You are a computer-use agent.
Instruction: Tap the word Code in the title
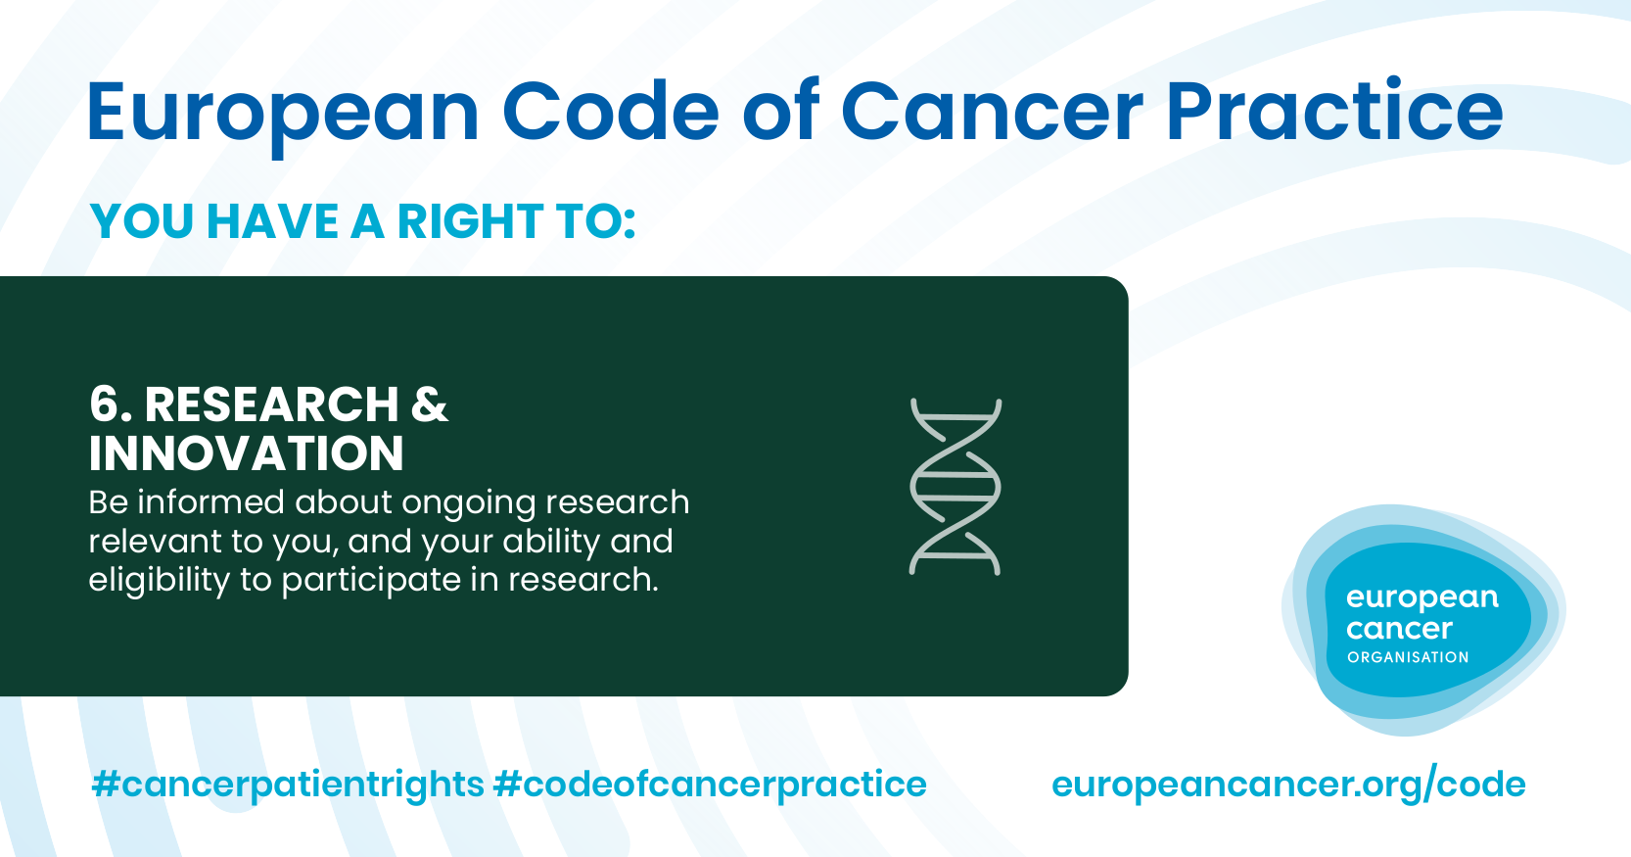pos(610,111)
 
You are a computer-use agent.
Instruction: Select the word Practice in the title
pos(1334,110)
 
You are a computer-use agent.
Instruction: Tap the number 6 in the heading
pos(105,404)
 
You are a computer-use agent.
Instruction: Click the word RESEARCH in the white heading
pos(271,404)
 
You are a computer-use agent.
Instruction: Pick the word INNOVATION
pos(246,452)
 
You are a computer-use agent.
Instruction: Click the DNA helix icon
pos(955,486)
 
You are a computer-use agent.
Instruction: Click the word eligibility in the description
pos(160,581)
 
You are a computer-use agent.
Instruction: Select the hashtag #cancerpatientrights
pos(288,785)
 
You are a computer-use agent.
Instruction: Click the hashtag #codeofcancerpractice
pos(710,785)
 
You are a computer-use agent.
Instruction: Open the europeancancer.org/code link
pos(1288,785)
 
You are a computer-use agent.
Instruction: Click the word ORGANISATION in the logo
pos(1408,657)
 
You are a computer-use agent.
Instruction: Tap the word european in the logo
pos(1422,598)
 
